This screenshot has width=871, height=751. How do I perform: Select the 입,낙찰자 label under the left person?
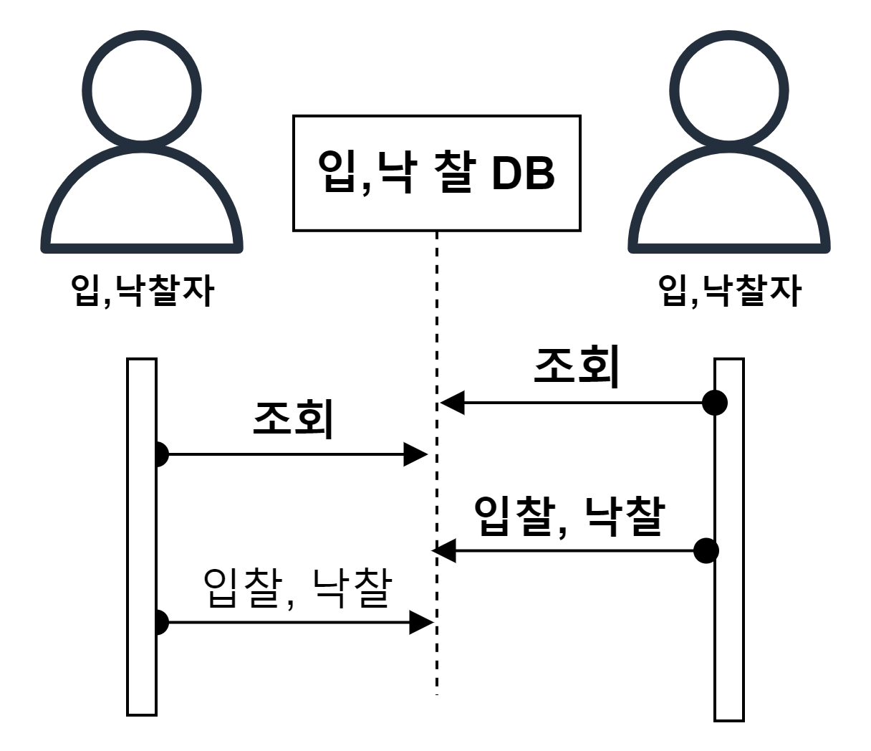click(143, 291)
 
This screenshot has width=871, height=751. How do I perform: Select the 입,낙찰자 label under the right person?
click(729, 291)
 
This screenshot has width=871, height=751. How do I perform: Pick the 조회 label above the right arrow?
click(577, 367)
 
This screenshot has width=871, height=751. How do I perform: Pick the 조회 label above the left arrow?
click(294, 419)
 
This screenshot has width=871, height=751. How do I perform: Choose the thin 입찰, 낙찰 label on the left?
click(298, 588)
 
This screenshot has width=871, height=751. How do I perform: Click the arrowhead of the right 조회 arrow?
click(452, 403)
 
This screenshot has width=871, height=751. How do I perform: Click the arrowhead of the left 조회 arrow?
click(416, 454)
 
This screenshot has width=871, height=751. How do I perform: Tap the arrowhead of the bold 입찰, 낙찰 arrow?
click(444, 551)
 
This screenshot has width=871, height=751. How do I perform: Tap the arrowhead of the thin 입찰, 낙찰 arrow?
click(421, 623)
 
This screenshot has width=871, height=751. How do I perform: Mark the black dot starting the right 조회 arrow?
click(714, 403)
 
